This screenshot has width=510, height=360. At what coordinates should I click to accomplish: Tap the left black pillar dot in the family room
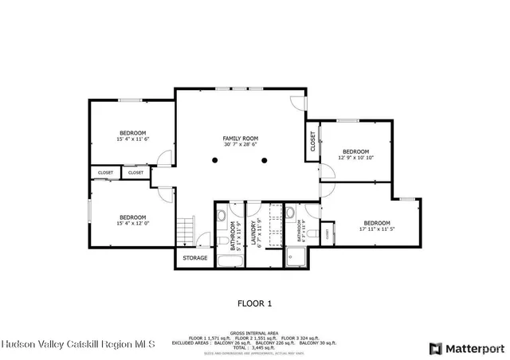[214, 160]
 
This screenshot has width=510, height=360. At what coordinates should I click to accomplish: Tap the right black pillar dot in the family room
[265, 160]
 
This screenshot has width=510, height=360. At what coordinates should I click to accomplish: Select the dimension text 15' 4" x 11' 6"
[132, 139]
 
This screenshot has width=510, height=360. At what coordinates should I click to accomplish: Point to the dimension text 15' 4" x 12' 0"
[132, 223]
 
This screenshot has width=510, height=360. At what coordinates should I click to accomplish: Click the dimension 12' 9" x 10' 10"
[355, 158]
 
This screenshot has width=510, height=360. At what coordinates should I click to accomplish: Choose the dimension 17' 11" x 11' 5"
[377, 229]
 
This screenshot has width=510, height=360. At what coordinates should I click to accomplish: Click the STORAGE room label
[195, 258]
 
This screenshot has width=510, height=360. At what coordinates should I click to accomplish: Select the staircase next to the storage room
[185, 230]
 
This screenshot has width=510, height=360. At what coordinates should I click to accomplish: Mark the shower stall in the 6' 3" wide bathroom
[297, 257]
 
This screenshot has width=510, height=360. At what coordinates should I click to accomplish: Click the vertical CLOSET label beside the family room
[311, 142]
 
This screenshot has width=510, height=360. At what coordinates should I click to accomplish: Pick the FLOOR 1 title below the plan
[255, 303]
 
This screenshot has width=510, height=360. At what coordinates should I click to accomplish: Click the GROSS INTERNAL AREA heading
[254, 333]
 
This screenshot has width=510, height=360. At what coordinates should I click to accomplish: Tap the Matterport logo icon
[435, 348]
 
